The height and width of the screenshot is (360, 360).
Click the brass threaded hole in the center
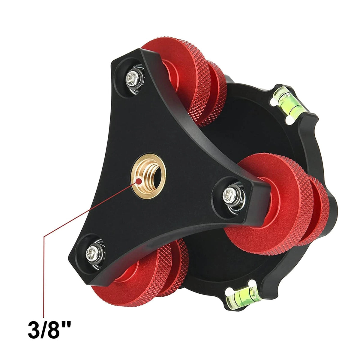[148, 176]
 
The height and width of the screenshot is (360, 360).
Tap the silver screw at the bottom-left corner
[92, 254]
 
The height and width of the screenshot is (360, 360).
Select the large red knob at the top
[179, 75]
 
